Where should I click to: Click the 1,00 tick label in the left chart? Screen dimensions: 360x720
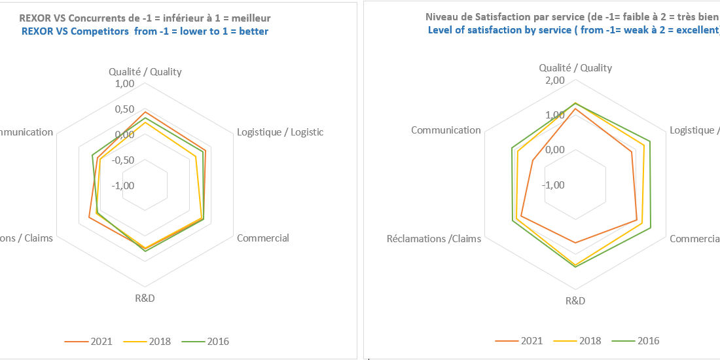[124, 84]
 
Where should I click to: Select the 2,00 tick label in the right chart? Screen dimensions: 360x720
[554, 80]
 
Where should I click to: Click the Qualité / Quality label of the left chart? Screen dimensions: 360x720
[145, 71]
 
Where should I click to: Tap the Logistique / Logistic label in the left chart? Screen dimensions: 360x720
[280, 132]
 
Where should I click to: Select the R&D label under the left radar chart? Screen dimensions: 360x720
[145, 298]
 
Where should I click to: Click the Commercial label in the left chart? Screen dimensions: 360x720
[262, 238]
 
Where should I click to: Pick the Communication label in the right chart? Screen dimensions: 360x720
[446, 130]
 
